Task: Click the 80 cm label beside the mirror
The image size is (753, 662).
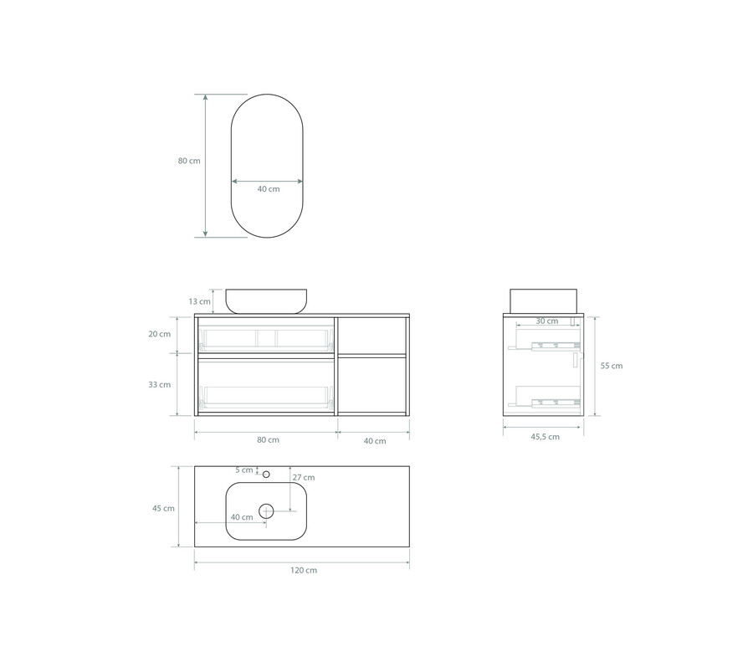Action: [189, 161]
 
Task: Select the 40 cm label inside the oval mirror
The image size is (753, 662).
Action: [269, 189]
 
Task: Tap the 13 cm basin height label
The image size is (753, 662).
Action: [199, 301]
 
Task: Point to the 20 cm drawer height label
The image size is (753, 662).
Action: [160, 334]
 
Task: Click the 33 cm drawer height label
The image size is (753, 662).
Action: [160, 384]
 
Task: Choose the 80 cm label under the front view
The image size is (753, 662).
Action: [268, 439]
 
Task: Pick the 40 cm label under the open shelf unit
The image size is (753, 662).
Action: [375, 440]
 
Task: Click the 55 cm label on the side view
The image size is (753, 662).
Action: [612, 366]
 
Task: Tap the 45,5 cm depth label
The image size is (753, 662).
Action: [545, 437]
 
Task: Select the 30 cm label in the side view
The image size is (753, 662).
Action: [547, 321]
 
